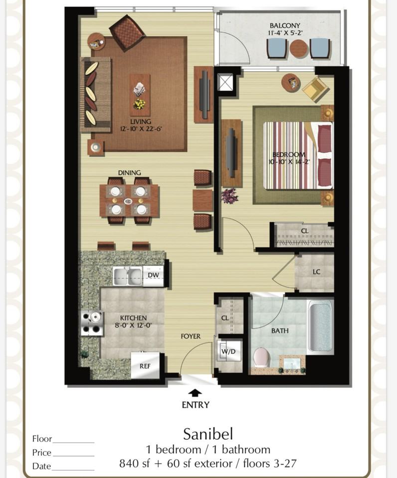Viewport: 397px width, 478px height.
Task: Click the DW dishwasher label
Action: (153, 275)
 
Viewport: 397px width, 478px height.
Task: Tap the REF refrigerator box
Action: (145, 365)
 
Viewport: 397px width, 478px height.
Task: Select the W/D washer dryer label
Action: (228, 351)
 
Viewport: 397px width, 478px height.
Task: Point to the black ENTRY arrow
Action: (195, 393)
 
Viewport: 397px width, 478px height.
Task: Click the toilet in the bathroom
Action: (261, 358)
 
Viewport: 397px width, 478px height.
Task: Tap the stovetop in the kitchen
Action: (92, 323)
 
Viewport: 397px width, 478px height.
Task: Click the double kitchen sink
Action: (128, 276)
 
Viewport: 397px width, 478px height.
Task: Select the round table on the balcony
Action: (299, 49)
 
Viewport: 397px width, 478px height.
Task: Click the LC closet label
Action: (316, 272)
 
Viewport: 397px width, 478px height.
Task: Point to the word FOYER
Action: (191, 336)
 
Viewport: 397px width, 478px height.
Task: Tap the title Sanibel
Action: (208, 434)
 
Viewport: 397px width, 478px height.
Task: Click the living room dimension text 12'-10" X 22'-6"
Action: (141, 128)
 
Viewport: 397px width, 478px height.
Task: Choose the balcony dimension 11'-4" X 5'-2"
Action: (285, 33)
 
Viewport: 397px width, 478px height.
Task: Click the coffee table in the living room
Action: (140, 95)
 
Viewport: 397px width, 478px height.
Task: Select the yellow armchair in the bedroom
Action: (316, 89)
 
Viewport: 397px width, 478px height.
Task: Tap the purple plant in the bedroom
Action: (229, 195)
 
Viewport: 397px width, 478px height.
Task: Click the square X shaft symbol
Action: (225, 82)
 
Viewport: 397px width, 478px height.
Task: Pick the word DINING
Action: (130, 173)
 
